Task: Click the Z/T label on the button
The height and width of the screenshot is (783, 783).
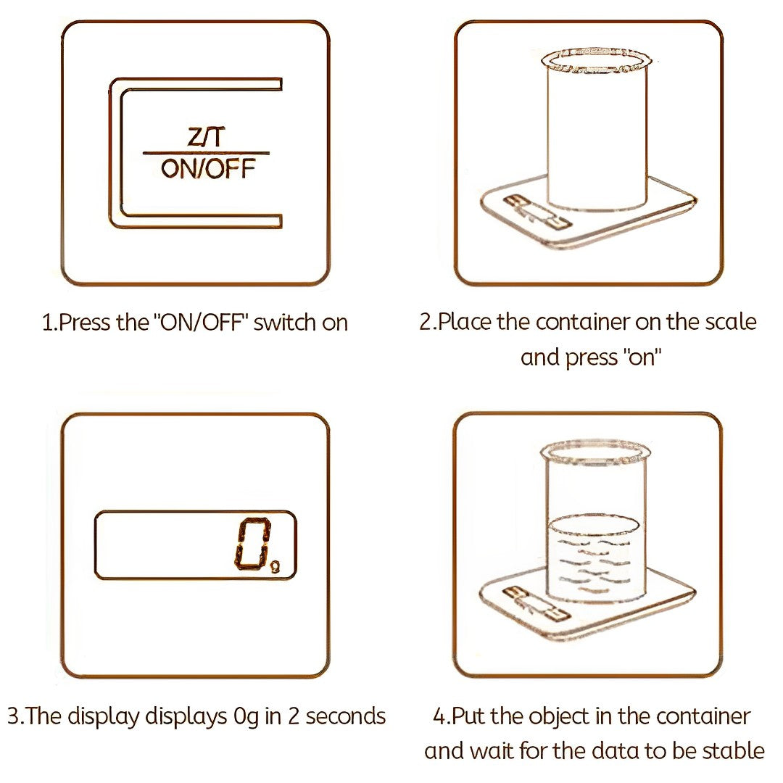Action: pyautogui.click(x=206, y=138)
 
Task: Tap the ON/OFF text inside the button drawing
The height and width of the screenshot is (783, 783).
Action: pyautogui.click(x=208, y=169)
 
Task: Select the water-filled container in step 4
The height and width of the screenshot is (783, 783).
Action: pyautogui.click(x=592, y=536)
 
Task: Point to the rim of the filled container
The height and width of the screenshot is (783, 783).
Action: pyautogui.click(x=592, y=454)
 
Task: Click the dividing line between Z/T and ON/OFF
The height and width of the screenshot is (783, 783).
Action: pyautogui.click(x=206, y=153)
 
